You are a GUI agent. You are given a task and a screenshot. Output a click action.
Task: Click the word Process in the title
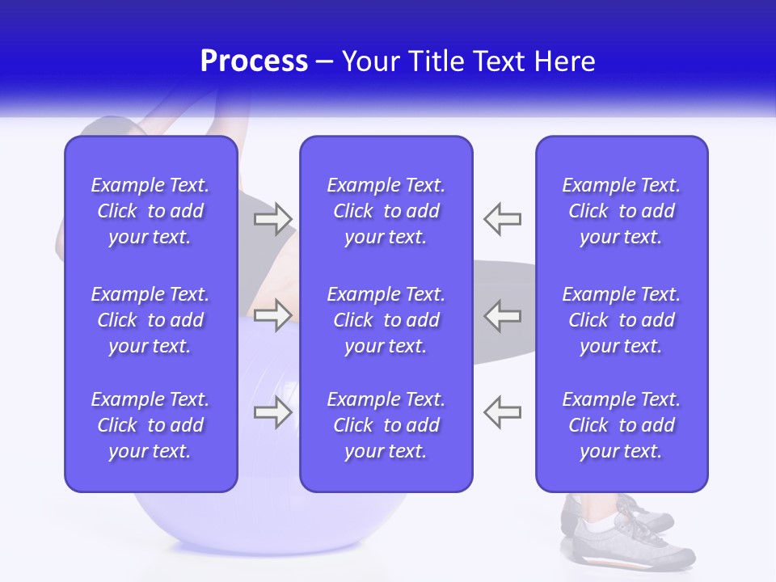coord(254,61)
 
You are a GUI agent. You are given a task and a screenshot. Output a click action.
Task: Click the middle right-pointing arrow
coord(273,315)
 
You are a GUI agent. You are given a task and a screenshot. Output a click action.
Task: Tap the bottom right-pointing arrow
coord(273,411)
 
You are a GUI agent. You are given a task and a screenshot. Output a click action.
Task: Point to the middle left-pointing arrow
coord(503,315)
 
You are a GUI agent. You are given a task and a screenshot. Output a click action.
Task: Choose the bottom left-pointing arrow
coord(503,411)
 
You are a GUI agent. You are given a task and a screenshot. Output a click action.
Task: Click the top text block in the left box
coord(150,211)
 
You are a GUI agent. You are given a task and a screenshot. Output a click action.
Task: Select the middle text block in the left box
coord(150,320)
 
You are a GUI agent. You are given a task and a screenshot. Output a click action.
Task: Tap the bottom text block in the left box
coord(150,425)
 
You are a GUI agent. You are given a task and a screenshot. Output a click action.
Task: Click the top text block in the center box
coord(386,211)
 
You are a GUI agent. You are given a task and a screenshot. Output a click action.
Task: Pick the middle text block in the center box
coord(386,320)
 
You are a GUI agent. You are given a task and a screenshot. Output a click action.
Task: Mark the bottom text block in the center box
coord(386,425)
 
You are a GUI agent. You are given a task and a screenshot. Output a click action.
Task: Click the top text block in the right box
coord(621,211)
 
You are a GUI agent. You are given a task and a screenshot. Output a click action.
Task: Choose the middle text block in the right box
coord(621,320)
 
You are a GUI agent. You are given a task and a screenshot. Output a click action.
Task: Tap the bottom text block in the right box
coord(621,425)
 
